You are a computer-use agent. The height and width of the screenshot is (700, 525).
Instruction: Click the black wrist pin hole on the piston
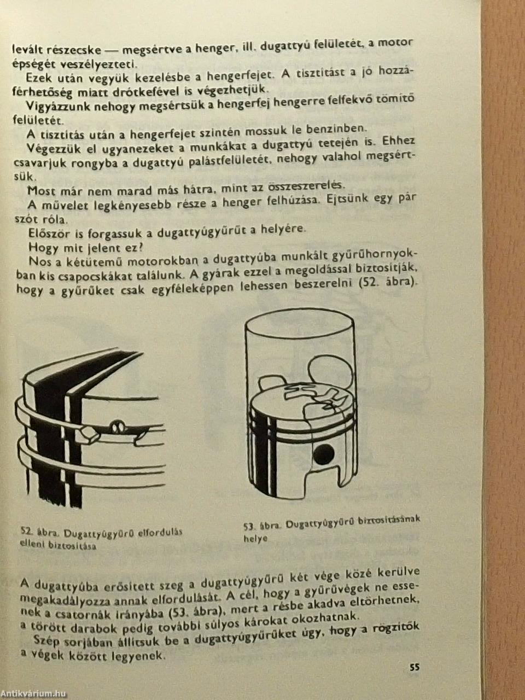pos(323,455)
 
